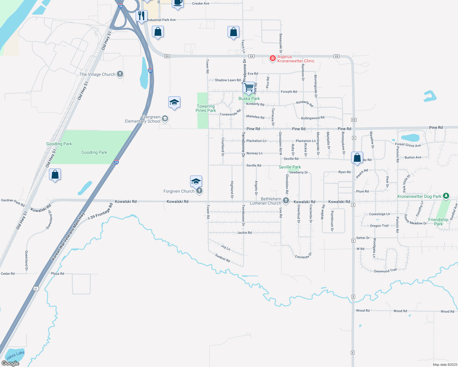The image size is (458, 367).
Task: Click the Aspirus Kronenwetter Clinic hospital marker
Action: tap(272, 58)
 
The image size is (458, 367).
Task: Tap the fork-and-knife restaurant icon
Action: tap(141, 16)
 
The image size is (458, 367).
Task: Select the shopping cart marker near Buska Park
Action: tap(249, 87)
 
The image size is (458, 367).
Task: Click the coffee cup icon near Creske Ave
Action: tap(178, 3)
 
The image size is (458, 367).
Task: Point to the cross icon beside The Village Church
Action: tap(120, 74)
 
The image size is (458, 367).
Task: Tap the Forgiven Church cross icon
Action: tap(199, 191)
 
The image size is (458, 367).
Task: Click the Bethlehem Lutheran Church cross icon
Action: tap(286, 201)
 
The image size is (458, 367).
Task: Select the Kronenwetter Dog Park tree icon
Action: tap(446, 196)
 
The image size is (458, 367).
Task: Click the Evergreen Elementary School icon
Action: tap(165, 119)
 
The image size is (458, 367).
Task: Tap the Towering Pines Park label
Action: tap(206, 109)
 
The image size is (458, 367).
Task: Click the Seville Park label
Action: tap(290, 167)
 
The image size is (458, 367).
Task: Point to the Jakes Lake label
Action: tap(15, 355)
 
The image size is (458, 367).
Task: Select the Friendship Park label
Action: tap(438, 222)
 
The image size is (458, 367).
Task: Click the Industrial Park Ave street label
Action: tap(162, 20)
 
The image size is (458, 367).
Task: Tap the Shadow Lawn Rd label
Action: tap(227, 80)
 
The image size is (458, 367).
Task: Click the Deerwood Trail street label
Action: tap(385, 271)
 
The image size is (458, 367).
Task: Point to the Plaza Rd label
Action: tap(58, 273)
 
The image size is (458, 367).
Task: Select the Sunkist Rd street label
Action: tap(222, 258)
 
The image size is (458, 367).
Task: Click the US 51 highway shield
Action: tap(36, 288)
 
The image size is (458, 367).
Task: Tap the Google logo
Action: tap(10, 363)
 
